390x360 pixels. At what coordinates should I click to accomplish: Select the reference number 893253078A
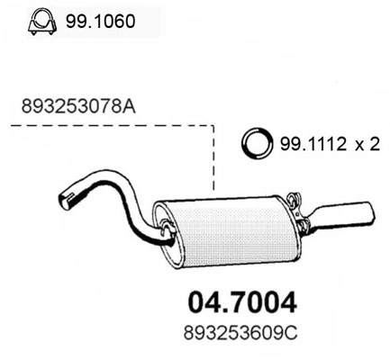(77, 105)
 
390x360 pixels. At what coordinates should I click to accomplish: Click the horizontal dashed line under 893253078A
(108, 127)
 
